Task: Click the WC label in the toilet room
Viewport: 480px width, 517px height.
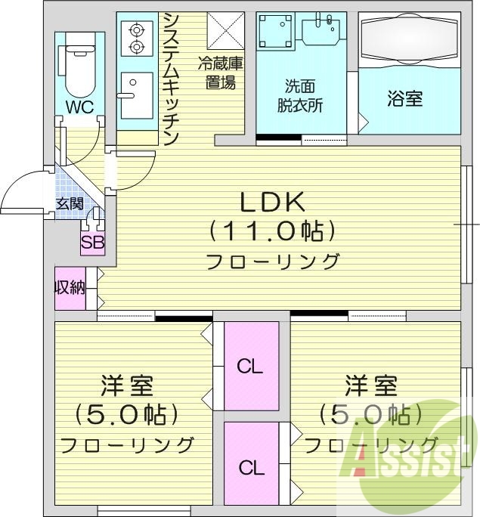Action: (79, 107)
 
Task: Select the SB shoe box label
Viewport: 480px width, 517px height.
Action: (93, 243)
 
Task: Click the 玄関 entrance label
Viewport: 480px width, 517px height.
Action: (70, 205)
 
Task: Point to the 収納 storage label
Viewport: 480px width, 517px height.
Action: (69, 287)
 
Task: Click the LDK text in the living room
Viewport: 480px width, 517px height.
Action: (272, 203)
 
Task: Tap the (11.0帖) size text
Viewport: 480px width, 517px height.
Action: (272, 229)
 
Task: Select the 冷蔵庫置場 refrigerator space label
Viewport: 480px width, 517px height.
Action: (220, 73)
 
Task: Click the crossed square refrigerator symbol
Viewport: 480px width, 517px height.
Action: (224, 31)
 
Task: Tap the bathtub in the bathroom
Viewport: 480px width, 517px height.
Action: (408, 41)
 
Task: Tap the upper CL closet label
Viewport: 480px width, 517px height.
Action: (249, 367)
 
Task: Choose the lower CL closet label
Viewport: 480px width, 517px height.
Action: (252, 467)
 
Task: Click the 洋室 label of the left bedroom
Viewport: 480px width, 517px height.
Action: (127, 386)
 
